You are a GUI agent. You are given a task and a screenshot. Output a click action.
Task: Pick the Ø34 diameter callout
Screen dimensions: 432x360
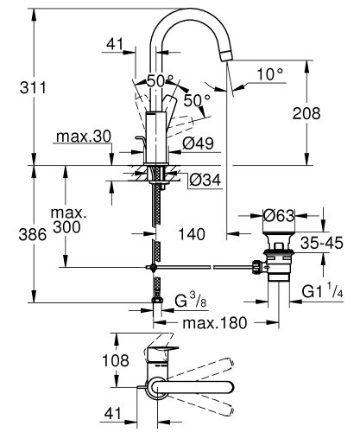pos(202,180)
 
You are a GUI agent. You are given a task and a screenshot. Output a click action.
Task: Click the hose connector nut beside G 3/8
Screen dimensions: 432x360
pos(156,302)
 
